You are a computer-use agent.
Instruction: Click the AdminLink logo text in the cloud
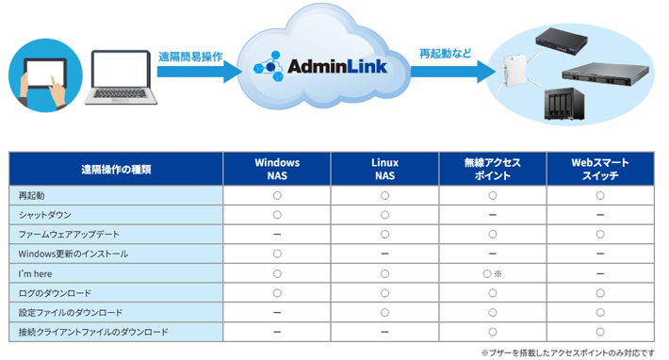point(337,67)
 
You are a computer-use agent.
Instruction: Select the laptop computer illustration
point(121,77)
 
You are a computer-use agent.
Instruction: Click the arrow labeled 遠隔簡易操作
point(199,72)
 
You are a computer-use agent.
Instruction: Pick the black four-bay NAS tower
point(564,104)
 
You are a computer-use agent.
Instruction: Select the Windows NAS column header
point(277,169)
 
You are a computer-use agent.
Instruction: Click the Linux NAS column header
point(384,169)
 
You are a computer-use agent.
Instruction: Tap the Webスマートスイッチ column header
point(600,169)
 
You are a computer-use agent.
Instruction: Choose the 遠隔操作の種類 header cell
point(116,169)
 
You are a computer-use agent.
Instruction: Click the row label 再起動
point(32,195)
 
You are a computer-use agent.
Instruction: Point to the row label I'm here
point(35,274)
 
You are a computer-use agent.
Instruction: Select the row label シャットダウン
point(45,215)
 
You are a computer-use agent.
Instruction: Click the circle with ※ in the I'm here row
point(493,274)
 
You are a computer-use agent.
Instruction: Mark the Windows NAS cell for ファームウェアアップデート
point(277,235)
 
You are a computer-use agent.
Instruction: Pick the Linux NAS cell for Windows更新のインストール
point(384,254)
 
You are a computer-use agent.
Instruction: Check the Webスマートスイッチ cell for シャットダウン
point(600,215)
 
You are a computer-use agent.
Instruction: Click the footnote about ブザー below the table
point(567,352)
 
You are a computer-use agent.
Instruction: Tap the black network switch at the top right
point(562,41)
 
